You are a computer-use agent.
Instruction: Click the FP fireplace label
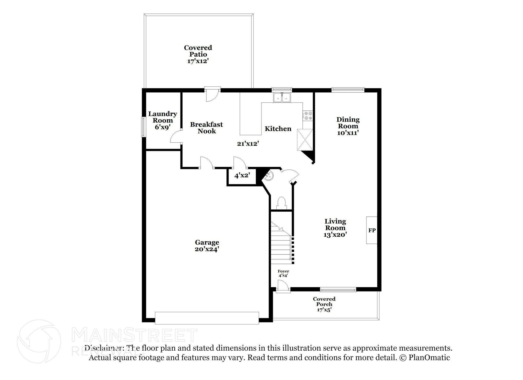click(x=372, y=230)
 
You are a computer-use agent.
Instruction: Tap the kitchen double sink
click(x=282, y=98)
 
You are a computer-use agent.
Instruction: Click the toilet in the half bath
click(x=281, y=203)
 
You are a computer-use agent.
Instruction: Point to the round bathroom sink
click(x=268, y=176)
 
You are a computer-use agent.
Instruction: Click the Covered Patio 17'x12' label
click(x=198, y=54)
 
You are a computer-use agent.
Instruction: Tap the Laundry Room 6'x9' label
click(x=163, y=120)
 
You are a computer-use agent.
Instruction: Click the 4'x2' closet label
click(x=242, y=176)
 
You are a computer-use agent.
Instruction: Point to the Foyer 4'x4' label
click(x=283, y=273)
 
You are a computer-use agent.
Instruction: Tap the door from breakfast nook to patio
click(x=212, y=94)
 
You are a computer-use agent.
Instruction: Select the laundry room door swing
click(x=176, y=137)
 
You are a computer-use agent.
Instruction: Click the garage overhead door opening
click(x=207, y=318)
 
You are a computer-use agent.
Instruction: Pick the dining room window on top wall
click(x=348, y=89)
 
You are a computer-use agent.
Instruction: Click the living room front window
click(x=338, y=289)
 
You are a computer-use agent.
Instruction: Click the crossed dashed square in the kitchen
click(x=305, y=140)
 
